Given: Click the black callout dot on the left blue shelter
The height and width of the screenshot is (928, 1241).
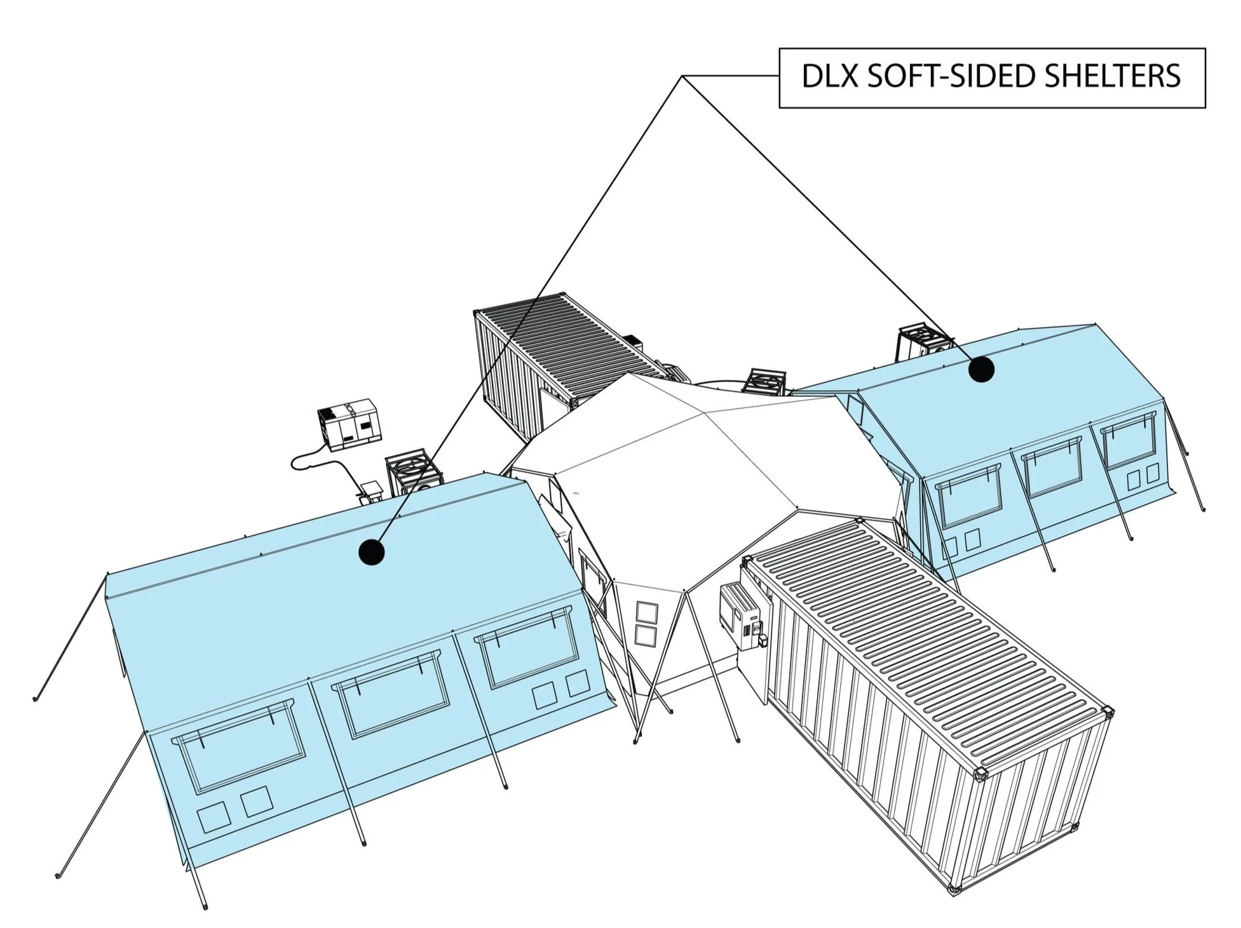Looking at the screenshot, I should (372, 551).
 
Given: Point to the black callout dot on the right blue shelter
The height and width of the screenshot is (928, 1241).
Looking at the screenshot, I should (980, 369).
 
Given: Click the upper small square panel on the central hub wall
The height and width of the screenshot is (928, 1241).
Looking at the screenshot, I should (647, 614).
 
